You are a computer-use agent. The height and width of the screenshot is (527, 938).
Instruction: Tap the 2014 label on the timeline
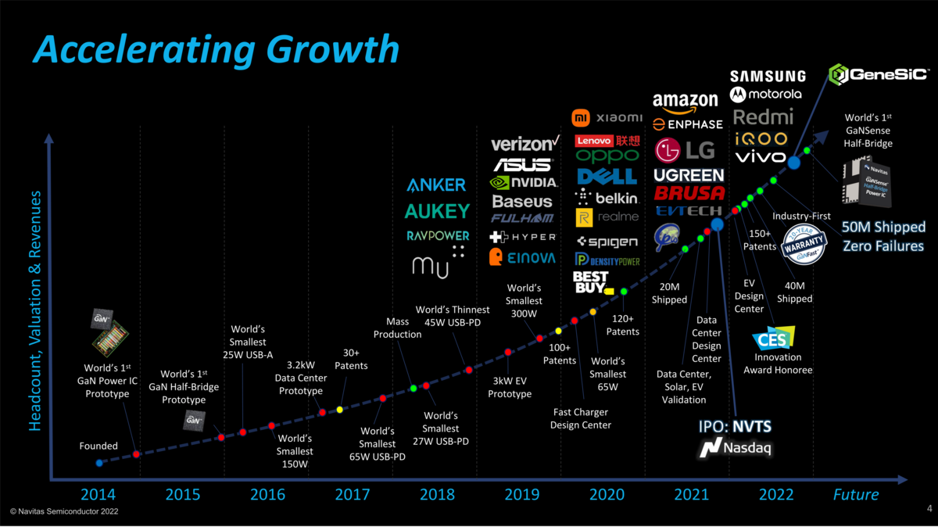click(98, 494)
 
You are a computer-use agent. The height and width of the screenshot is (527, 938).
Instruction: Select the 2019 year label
click(521, 494)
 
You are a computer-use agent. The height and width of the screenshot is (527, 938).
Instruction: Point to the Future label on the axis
click(855, 494)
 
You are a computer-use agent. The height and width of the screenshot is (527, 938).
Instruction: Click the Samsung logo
click(768, 76)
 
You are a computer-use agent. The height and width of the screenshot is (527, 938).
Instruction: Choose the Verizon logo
click(524, 144)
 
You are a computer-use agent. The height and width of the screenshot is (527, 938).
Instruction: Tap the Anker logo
click(436, 185)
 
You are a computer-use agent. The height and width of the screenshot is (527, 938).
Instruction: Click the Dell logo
click(607, 177)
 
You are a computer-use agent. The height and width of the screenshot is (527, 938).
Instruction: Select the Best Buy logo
click(592, 281)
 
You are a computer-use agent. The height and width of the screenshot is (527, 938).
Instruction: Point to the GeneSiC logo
click(879, 75)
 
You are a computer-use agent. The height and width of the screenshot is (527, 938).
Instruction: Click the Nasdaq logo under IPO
click(735, 449)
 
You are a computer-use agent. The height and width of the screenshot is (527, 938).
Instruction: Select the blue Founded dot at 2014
click(99, 463)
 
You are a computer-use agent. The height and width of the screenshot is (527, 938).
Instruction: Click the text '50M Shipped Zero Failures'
click(883, 236)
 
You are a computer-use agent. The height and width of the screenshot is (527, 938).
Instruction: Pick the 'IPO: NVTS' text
click(735, 427)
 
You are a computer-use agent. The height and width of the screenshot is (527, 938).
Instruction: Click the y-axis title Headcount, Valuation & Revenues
click(36, 310)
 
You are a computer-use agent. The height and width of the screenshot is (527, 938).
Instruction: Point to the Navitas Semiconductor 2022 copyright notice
click(64, 511)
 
